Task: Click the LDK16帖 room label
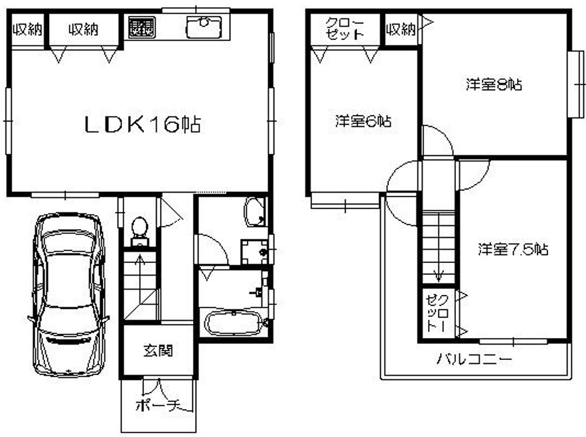pos(143,125)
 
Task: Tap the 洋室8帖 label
pos(494,84)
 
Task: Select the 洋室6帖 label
pos(363,122)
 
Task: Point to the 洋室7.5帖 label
pos(513,249)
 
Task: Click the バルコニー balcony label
pos(475,359)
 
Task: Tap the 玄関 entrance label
pos(159,351)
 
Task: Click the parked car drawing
pos(68,295)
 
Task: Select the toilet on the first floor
pos(140,231)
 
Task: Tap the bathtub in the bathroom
pos(233,323)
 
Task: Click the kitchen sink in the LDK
pos(203,27)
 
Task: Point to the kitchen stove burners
pos(141,27)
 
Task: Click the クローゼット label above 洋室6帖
pos(344,29)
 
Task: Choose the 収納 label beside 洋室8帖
pos(401,29)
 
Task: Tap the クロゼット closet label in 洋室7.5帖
pos(437,313)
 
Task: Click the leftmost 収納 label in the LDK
pos(28,29)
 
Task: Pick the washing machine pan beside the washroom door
pos(254,252)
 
